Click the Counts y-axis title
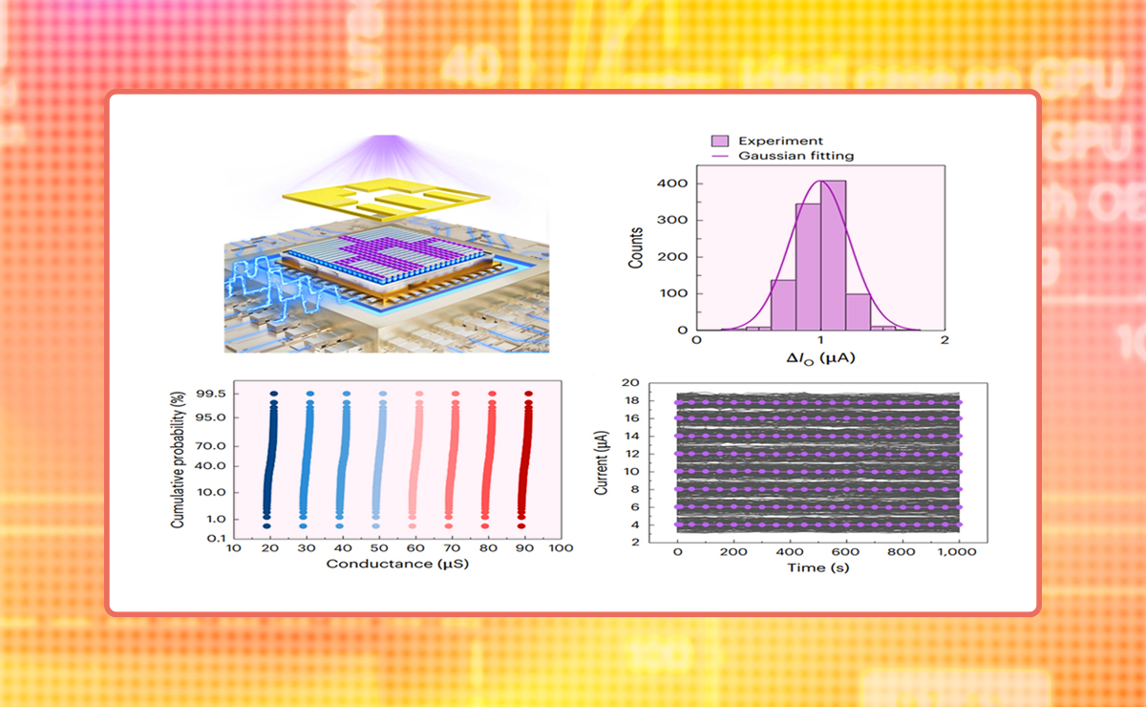(636, 246)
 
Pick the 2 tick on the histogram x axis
(944, 340)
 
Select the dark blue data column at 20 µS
(270, 459)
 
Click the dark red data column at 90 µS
(525, 459)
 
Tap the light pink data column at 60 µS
(416, 459)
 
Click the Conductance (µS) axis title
(396, 564)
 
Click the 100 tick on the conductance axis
(561, 548)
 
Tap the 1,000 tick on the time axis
(962, 552)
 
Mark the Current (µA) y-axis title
(602, 463)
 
